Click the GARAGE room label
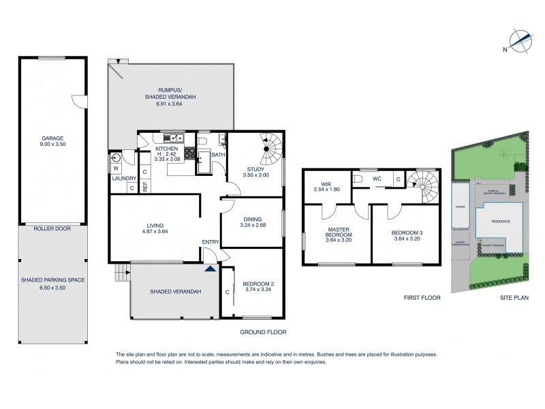click(x=52, y=138)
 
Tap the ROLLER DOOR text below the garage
click(x=52, y=230)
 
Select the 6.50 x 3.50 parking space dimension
click(x=52, y=288)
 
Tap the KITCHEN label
click(x=166, y=149)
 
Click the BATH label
click(x=218, y=155)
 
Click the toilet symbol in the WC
click(x=357, y=180)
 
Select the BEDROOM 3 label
click(x=406, y=233)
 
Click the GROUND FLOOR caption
click(x=263, y=332)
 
